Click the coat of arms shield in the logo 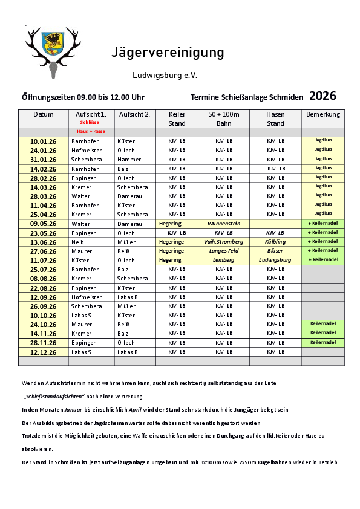pyautogui.click(x=53, y=44)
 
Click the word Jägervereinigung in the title pyautogui.click(x=168, y=53)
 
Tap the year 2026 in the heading pyautogui.click(x=322, y=96)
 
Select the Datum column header pyautogui.click(x=43, y=114)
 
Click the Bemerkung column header pyautogui.click(x=323, y=114)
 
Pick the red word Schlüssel pyautogui.click(x=91, y=122)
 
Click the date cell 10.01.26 pyautogui.click(x=43, y=141)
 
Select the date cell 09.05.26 pyautogui.click(x=43, y=224)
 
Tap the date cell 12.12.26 pyautogui.click(x=43, y=352)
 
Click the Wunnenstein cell pyautogui.click(x=224, y=224)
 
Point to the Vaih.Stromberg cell pyautogui.click(x=224, y=242)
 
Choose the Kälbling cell pyautogui.click(x=275, y=242)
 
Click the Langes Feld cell pyautogui.click(x=224, y=251)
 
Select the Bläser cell pyautogui.click(x=275, y=251)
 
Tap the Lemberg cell pyautogui.click(x=224, y=260)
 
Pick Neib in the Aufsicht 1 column pyautogui.click(x=78, y=242)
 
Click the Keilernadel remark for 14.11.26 pyautogui.click(x=323, y=333)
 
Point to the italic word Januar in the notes pyautogui.click(x=73, y=410)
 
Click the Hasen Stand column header pyautogui.click(x=275, y=118)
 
